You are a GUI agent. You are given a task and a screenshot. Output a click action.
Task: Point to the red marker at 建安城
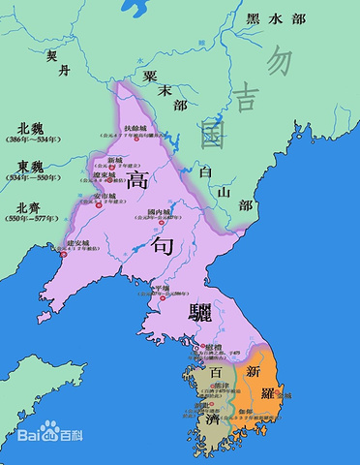(63, 253)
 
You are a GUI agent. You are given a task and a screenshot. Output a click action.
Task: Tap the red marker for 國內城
(162, 224)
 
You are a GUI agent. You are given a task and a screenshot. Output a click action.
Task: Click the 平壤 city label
(161, 289)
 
